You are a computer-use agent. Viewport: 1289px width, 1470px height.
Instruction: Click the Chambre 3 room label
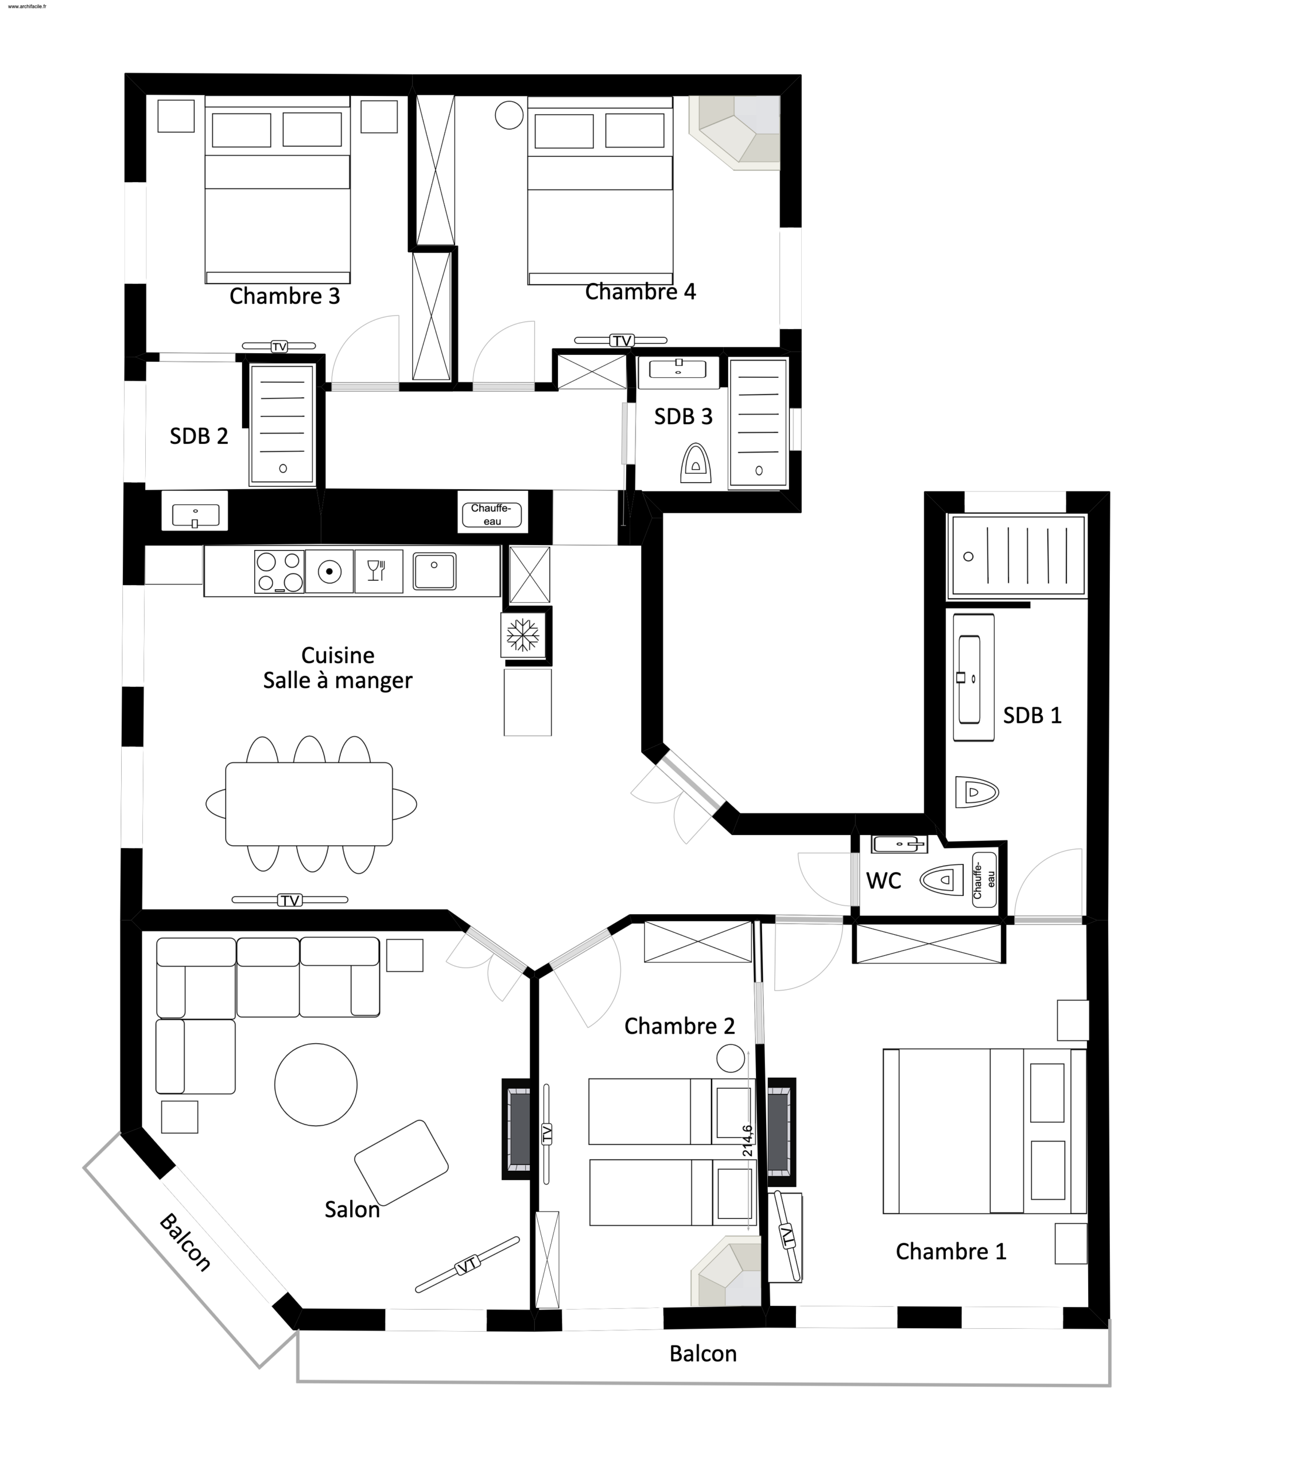(x=284, y=296)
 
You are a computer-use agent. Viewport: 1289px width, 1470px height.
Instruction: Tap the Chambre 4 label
(x=640, y=291)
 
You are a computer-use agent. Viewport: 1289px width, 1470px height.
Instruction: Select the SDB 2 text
(x=199, y=436)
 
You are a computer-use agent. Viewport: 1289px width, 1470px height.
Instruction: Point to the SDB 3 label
(x=683, y=416)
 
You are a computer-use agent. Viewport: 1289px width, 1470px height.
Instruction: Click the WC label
(x=884, y=880)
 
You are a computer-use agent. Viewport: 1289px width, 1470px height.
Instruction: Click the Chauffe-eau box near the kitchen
(x=492, y=514)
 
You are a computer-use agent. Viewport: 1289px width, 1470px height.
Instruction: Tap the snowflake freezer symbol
(x=523, y=635)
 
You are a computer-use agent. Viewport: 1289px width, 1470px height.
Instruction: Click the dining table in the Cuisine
(x=309, y=803)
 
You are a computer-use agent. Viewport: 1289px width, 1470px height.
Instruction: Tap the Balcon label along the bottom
(x=703, y=1353)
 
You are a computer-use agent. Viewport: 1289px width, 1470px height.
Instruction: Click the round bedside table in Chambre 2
(x=731, y=1058)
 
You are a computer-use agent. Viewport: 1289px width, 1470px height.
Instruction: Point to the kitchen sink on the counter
(x=434, y=571)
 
